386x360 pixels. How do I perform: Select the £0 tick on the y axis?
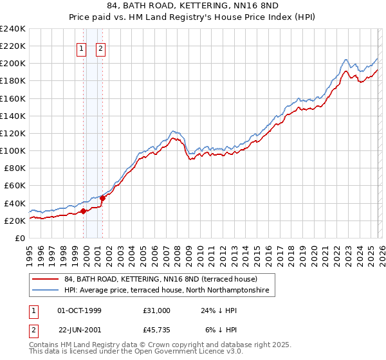(20, 238)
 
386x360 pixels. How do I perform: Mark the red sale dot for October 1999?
(83, 211)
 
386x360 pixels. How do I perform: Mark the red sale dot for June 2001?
(102, 198)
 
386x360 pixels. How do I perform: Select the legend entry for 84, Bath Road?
(161, 280)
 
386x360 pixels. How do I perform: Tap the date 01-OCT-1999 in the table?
(79, 310)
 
